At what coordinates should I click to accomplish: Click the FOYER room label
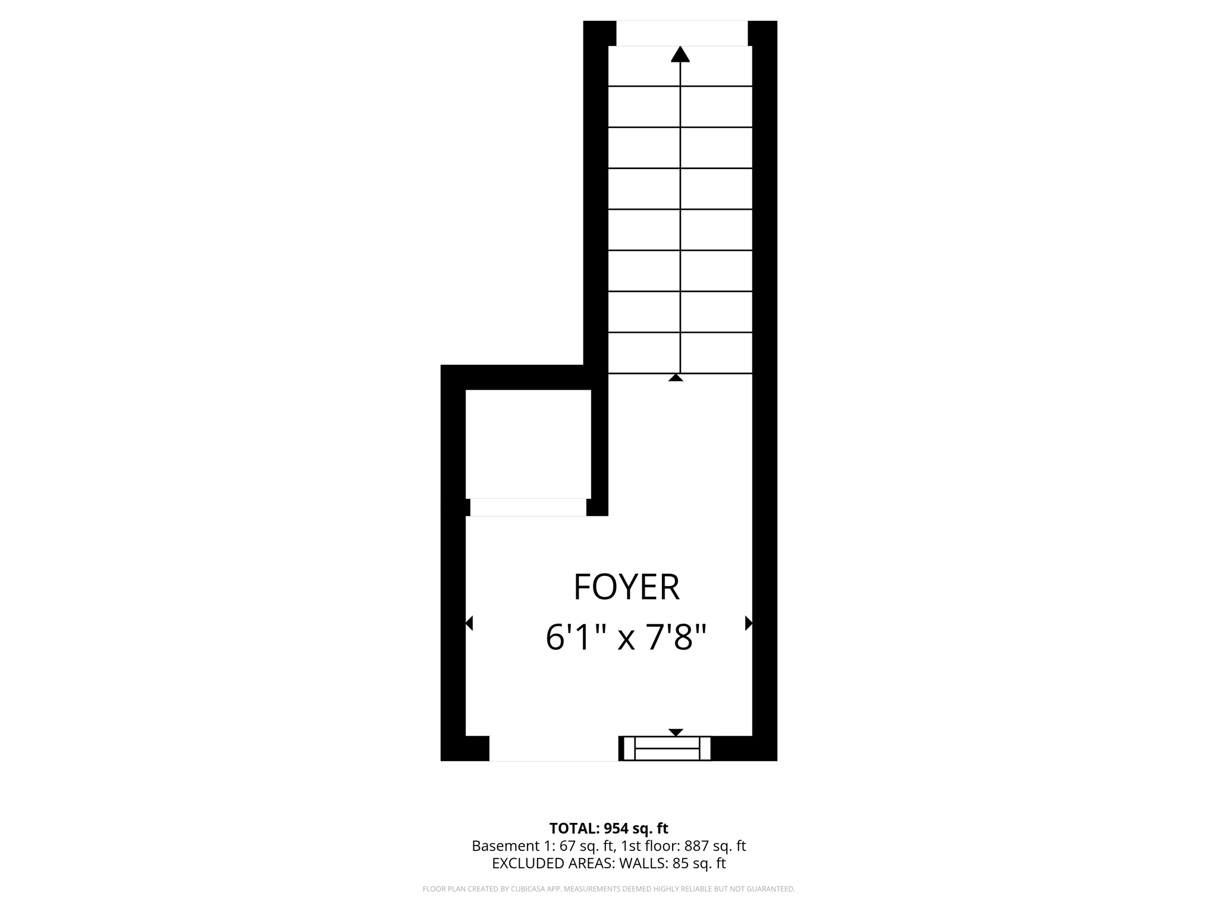point(626,587)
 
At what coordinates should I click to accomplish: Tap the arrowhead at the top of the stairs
point(680,55)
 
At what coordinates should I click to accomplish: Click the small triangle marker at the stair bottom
point(676,378)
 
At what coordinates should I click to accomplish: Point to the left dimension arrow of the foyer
point(469,623)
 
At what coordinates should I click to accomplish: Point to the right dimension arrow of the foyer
point(749,623)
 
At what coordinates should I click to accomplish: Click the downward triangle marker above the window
point(676,732)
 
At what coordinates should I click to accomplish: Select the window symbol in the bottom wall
point(667,749)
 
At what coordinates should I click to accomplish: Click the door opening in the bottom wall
point(553,749)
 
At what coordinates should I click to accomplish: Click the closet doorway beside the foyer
point(528,508)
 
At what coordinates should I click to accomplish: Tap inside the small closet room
point(528,444)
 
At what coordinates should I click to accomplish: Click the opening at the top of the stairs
point(682,33)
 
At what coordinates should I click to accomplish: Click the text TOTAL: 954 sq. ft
point(608,828)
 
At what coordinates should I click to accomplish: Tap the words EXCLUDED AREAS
point(553,863)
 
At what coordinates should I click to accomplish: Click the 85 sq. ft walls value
point(699,863)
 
